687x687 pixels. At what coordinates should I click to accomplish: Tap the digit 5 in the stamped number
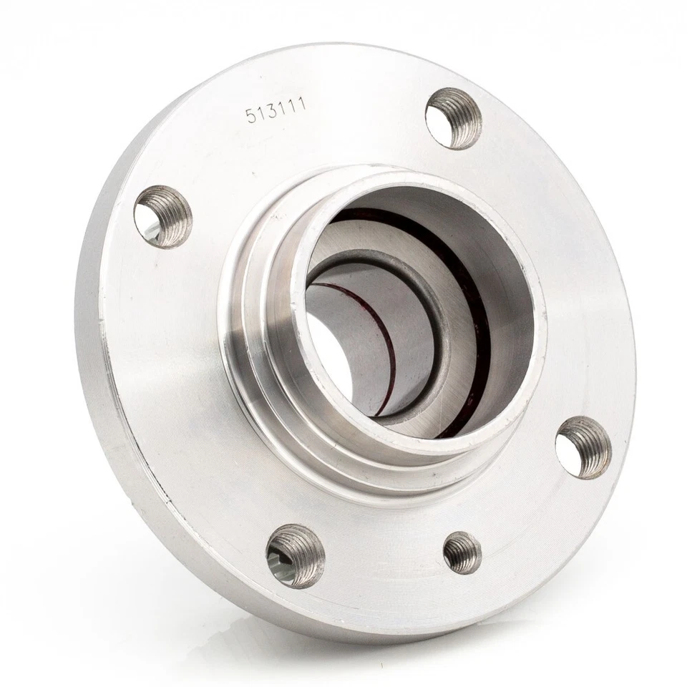pos(251,116)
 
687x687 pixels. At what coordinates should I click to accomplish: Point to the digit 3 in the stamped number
pos(272,112)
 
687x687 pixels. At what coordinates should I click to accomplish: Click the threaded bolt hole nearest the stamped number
pos(453,117)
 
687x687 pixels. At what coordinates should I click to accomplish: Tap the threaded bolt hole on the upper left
pos(162,215)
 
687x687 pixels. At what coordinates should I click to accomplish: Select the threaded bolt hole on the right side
pos(583,447)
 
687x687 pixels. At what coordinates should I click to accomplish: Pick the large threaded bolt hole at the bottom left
pos(294,555)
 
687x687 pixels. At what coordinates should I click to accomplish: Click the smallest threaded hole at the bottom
pos(462,552)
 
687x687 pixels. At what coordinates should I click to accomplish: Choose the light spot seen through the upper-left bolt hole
pos(150,228)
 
